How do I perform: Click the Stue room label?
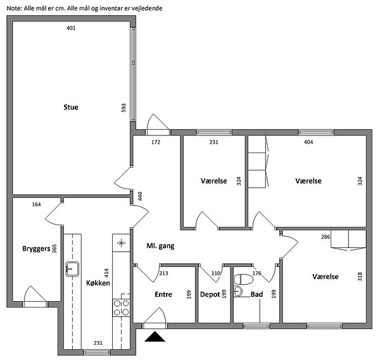click(71, 108)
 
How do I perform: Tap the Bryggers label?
click(36, 249)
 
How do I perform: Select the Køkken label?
click(98, 283)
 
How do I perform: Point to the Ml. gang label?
click(160, 246)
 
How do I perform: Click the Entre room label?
click(163, 294)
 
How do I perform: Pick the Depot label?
click(210, 294)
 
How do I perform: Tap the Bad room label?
click(256, 294)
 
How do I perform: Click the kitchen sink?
click(72, 269)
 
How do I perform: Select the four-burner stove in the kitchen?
click(121, 307)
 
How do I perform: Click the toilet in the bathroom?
click(244, 279)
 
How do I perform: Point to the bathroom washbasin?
click(237, 291)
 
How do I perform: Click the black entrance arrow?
click(155, 337)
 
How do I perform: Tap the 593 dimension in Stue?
click(123, 108)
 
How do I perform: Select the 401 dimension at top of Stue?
click(71, 28)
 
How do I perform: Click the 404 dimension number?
click(308, 142)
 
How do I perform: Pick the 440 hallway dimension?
click(140, 196)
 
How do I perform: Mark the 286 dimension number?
click(326, 237)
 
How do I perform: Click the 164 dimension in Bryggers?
click(36, 204)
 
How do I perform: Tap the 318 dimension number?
click(360, 276)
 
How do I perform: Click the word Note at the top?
click(15, 8)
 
